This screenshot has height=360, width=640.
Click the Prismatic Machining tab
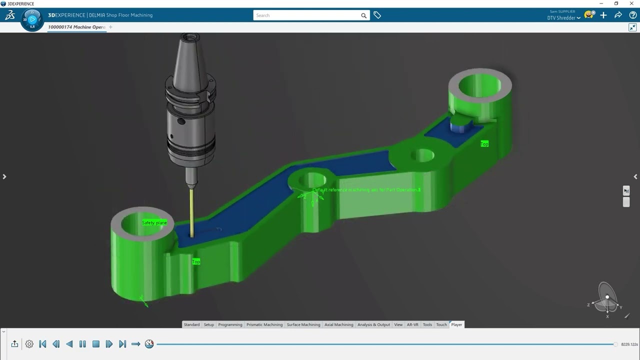tap(264, 324)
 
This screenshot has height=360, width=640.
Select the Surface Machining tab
tap(303, 324)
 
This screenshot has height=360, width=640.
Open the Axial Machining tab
tap(339, 324)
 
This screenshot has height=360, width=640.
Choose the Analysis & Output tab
tap(373, 324)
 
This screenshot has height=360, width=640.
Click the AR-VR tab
tap(412, 324)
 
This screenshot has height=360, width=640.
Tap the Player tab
tap(456, 324)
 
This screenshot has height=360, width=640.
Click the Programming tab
tap(230, 324)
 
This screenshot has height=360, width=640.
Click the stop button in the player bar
tap(96, 344)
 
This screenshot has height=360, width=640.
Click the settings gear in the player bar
tap(29, 344)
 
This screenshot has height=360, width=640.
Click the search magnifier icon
tap(363, 15)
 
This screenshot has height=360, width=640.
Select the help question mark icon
tap(632, 15)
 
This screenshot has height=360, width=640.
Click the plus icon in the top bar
tap(603, 15)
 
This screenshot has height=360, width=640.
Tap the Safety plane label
tap(154, 222)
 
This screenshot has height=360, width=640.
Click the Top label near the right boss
tap(484, 144)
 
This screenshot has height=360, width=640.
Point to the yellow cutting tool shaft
tap(192, 210)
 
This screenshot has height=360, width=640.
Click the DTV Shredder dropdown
tap(564, 18)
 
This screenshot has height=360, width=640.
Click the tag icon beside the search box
tap(377, 15)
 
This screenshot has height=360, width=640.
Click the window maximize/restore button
tap(616, 3)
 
